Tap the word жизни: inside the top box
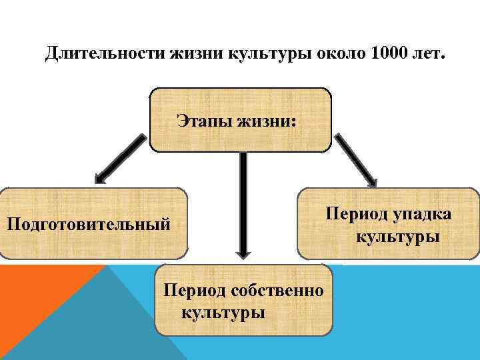(x=269, y=121)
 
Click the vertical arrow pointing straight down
(x=243, y=207)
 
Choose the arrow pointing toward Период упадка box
(x=356, y=159)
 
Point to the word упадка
(x=422, y=214)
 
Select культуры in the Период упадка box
(x=397, y=236)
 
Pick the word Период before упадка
(x=357, y=214)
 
